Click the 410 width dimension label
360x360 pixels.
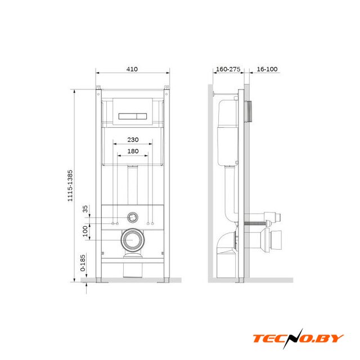click(x=132, y=69)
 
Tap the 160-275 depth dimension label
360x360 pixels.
click(x=228, y=69)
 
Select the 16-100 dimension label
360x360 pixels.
click(x=267, y=69)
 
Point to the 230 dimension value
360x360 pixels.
click(x=133, y=139)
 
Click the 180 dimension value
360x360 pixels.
click(x=133, y=151)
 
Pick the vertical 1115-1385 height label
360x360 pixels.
click(x=70, y=186)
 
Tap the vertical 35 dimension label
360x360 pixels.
click(x=85, y=209)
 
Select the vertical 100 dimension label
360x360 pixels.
click(x=85, y=231)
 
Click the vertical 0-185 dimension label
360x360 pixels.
click(x=83, y=263)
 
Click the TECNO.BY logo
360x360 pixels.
click(x=298, y=339)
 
